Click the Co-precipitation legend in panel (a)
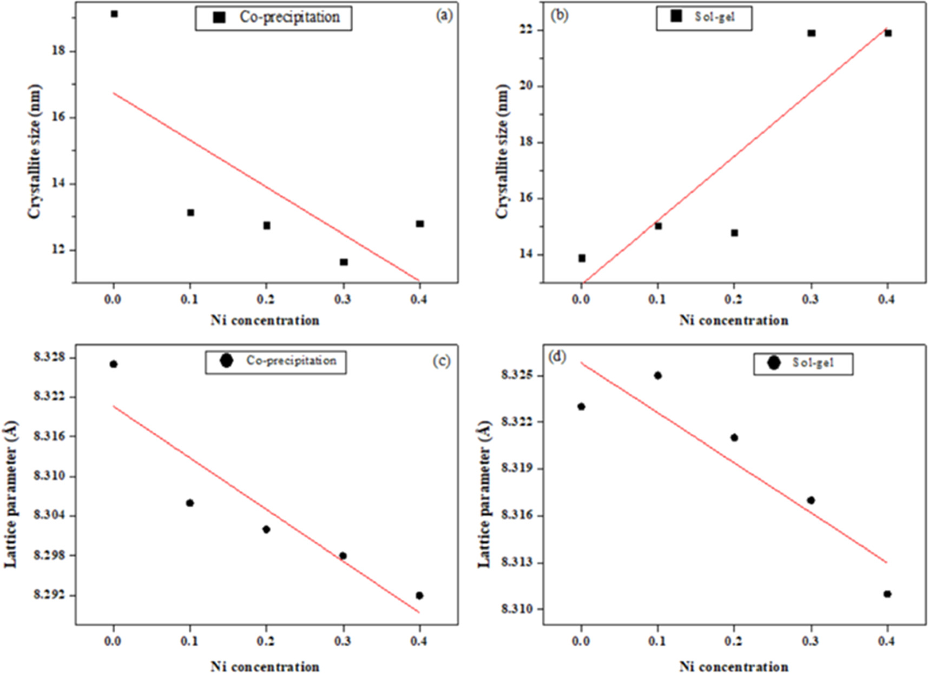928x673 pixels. coord(273,18)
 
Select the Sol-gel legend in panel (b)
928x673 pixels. coord(703,17)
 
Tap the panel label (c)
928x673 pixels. coord(441,361)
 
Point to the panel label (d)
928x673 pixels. coord(557,357)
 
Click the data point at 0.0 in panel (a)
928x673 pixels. coord(114,14)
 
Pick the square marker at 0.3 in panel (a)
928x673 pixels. coord(344,262)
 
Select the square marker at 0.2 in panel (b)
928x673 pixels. coord(734,233)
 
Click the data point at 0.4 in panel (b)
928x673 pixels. coord(888,34)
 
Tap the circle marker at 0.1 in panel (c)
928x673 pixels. coord(190,503)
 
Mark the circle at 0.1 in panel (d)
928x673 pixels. coord(658,375)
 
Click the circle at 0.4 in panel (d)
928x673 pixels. coord(887,594)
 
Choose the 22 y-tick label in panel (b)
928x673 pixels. coord(525,30)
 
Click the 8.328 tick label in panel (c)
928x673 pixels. coord(48,358)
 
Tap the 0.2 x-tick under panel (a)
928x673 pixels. coord(266,299)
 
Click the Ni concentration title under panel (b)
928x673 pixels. coord(734,320)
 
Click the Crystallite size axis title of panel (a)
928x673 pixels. coord(35,151)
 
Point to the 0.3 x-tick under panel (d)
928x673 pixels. coord(811,641)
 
